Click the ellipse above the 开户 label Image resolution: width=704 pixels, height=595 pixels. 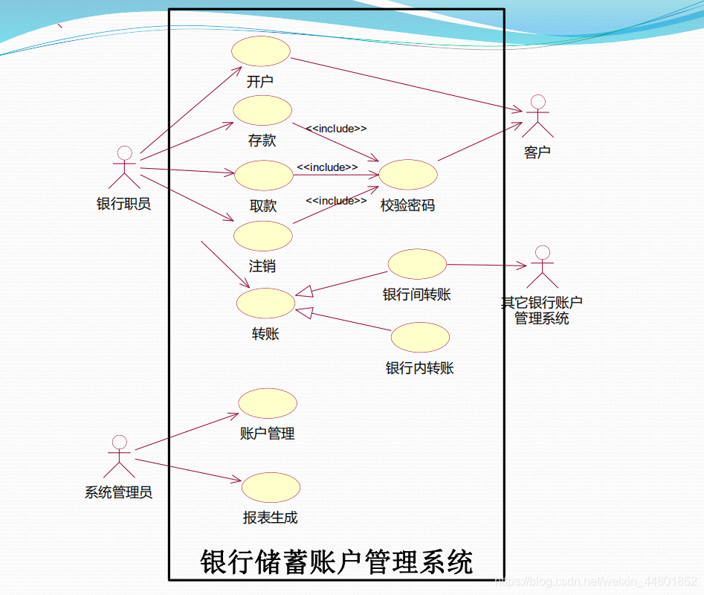(x=260, y=51)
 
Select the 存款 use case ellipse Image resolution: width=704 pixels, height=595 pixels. (x=262, y=110)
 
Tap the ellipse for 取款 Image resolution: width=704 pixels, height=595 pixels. (x=264, y=176)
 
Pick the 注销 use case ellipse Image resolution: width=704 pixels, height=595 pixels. (x=263, y=236)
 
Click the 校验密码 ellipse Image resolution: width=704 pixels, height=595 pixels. (x=408, y=174)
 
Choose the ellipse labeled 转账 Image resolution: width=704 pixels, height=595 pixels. (x=265, y=303)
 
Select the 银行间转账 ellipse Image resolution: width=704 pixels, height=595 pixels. (x=417, y=264)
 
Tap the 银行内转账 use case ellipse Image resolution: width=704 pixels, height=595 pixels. (x=420, y=337)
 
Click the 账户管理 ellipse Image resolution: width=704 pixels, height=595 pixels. (x=268, y=403)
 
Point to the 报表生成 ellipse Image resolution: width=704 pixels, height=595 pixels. (x=271, y=487)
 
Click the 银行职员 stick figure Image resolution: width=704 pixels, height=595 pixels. (x=124, y=167)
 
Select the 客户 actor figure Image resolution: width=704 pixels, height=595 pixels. (x=537, y=116)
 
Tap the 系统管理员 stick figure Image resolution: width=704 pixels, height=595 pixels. (x=119, y=457)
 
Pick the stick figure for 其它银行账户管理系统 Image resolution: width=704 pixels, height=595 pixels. (x=542, y=266)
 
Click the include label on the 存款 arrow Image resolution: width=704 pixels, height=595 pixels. (x=336, y=129)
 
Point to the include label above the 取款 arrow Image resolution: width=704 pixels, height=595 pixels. (x=327, y=167)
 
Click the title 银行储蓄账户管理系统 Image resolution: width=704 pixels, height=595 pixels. (x=336, y=561)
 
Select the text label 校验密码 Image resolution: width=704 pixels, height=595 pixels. (x=407, y=205)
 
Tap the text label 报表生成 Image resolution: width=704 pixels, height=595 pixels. (x=271, y=518)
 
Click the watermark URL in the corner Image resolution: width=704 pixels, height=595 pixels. (x=595, y=580)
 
